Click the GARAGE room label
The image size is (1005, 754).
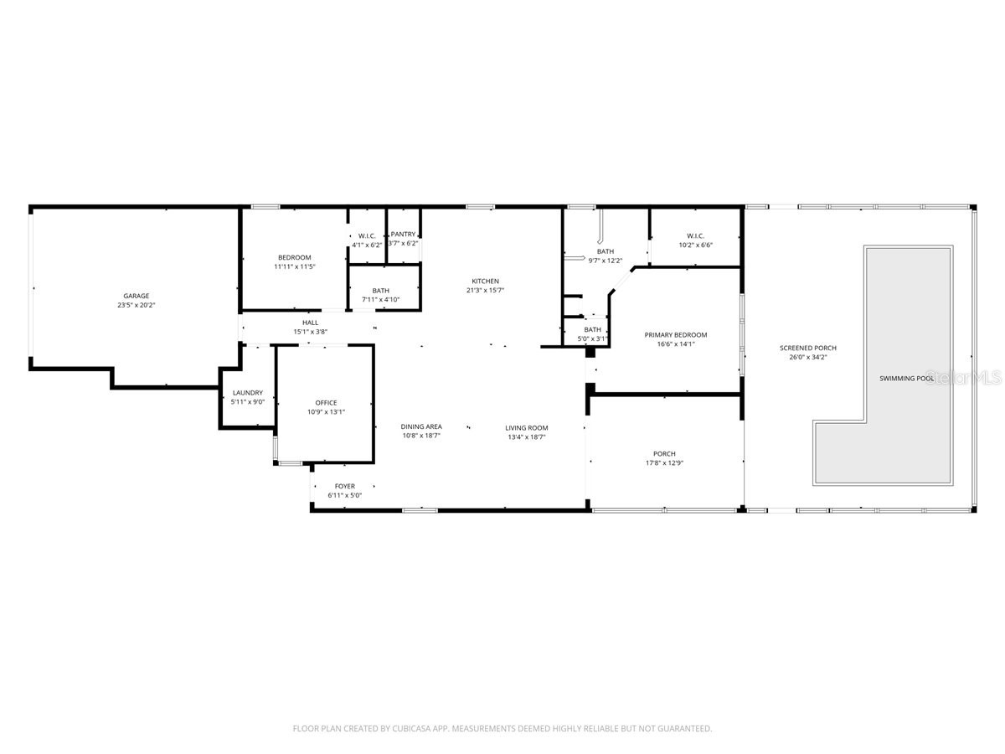point(137,296)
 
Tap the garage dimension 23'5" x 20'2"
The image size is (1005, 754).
point(137,305)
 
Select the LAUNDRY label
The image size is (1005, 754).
point(248,393)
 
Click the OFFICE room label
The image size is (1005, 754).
point(326,403)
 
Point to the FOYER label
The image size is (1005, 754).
point(344,486)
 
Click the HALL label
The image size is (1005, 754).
point(310,323)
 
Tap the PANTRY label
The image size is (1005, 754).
point(403,235)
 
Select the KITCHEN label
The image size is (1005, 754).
point(485,281)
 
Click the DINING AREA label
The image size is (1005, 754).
point(420,427)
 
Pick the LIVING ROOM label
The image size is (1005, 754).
point(526,428)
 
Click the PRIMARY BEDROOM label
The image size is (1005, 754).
point(675,335)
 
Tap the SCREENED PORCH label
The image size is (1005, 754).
point(807,348)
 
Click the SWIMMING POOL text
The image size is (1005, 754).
point(906,379)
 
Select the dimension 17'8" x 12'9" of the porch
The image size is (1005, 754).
point(664,463)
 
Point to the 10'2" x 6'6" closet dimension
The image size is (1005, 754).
point(695,245)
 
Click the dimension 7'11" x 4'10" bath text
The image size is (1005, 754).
point(380,299)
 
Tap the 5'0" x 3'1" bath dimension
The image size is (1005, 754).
point(592,338)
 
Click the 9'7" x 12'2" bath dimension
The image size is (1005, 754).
point(605,261)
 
